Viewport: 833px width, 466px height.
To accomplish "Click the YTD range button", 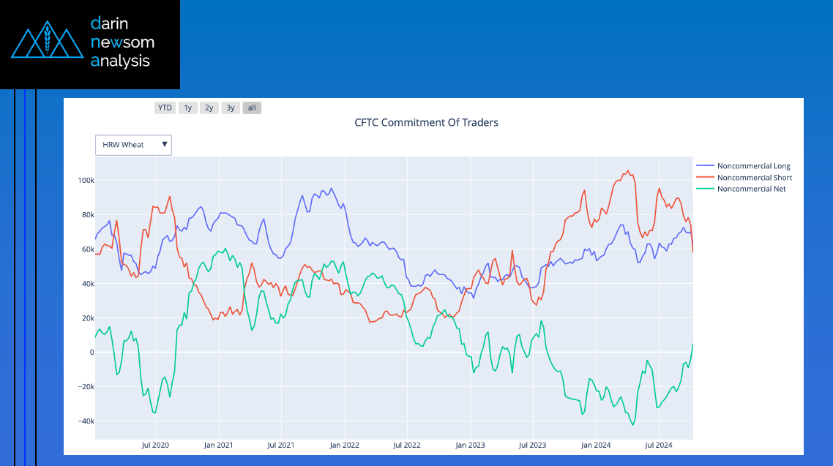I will coord(165,108).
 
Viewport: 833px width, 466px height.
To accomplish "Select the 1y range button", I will coord(187,108).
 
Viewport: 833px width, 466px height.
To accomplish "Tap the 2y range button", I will coord(209,108).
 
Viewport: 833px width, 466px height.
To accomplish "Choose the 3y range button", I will coord(231,108).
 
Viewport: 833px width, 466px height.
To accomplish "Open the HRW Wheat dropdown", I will coord(133,145).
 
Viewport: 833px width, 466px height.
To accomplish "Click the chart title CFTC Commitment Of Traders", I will coord(426,122).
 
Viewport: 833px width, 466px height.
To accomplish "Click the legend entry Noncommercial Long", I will coord(753,166).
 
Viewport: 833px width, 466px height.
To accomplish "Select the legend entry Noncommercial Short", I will coord(754,178).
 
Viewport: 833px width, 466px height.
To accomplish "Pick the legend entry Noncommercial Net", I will coord(751,189).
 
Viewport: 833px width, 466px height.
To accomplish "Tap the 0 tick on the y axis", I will coord(91,353).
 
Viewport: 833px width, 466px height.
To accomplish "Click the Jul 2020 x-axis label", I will coord(155,445).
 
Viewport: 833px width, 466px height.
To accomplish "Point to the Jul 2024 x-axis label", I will coord(659,445).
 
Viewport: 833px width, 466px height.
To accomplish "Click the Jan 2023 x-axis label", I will coord(470,445).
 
